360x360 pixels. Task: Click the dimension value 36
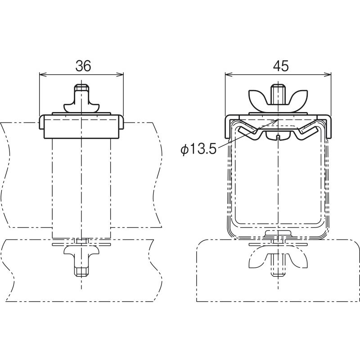(83, 66)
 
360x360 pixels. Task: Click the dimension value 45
(280, 66)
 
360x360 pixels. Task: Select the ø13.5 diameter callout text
(198, 150)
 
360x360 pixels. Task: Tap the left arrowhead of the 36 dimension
(43, 74)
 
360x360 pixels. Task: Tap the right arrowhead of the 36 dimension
(120, 74)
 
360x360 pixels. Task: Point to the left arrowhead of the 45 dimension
(229, 74)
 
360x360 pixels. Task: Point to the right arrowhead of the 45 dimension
(328, 74)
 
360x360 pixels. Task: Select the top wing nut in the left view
(81, 101)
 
